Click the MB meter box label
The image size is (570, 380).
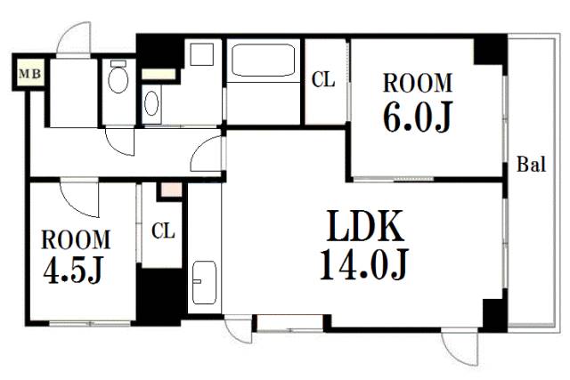tap(29, 74)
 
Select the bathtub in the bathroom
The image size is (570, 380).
tap(263, 61)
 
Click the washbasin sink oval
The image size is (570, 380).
tap(151, 103)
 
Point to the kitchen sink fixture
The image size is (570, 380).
tap(204, 282)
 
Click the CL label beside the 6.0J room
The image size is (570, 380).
tap(323, 79)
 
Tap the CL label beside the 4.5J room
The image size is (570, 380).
tap(163, 230)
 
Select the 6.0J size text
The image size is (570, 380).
tap(418, 117)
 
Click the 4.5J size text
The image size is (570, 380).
tap(73, 270)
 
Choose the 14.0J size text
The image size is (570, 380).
tap(364, 263)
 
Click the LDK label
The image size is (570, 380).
tap(365, 226)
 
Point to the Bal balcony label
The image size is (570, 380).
tap(531, 165)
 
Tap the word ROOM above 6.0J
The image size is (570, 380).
tap(418, 83)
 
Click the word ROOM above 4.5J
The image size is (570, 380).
tap(76, 239)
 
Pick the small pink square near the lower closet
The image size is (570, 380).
tap(171, 190)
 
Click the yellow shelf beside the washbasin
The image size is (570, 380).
tap(159, 74)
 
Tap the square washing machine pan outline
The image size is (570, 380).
tap(202, 54)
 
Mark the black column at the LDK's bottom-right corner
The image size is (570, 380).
tap(494, 315)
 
